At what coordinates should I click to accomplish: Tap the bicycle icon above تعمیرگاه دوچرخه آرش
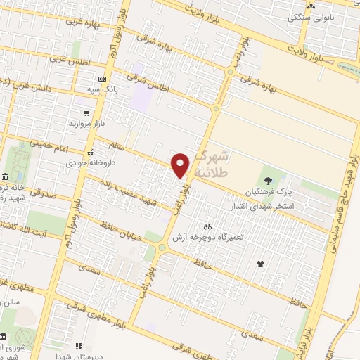tap(207, 226)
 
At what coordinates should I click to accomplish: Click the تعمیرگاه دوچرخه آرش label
tap(212, 238)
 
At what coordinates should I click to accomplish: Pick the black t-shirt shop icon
tap(260, 264)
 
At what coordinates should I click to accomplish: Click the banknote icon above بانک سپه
tap(103, 79)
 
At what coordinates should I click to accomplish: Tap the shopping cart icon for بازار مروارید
tap(86, 112)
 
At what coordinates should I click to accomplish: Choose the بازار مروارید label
tap(86, 123)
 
